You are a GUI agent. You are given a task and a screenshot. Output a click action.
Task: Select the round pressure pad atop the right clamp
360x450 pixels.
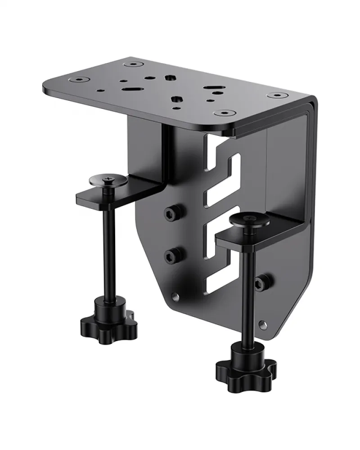tap(248, 220)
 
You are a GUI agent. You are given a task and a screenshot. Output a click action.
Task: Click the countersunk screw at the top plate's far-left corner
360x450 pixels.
tap(80, 80)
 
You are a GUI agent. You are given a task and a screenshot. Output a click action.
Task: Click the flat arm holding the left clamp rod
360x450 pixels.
tap(119, 192)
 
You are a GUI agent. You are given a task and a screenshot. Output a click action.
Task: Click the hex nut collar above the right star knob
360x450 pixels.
tap(245, 351)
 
